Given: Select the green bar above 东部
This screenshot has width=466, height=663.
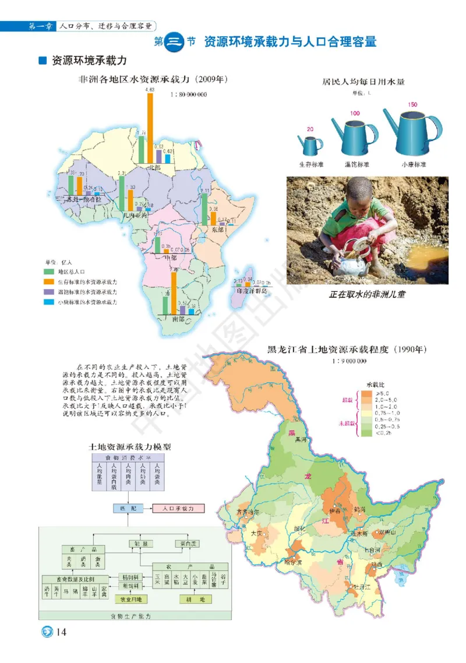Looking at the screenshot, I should pos(205,209).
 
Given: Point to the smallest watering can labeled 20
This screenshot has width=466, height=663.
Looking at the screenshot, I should pos(310,144).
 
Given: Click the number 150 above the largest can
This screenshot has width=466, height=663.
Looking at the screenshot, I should pos(412,104).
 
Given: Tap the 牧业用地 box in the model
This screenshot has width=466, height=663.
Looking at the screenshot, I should pos(131,599).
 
